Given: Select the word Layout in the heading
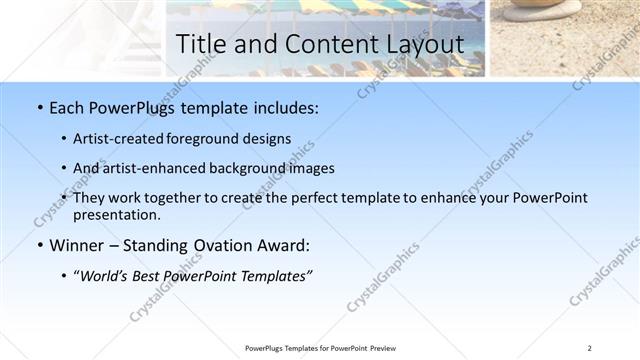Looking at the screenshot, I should tap(423, 45).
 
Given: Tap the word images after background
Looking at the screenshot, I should tap(310, 168).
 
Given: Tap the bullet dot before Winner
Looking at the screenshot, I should tap(38, 246).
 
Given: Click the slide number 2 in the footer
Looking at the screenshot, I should tap(590, 348).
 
